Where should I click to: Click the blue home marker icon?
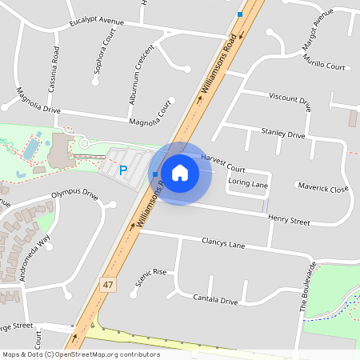click(180, 172)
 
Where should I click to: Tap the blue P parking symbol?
click(123, 170)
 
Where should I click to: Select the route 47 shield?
click(108, 284)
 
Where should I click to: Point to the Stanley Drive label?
click(283, 133)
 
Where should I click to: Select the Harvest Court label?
click(223, 162)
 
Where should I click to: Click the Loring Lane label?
click(248, 183)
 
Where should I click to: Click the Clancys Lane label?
click(223, 242)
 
